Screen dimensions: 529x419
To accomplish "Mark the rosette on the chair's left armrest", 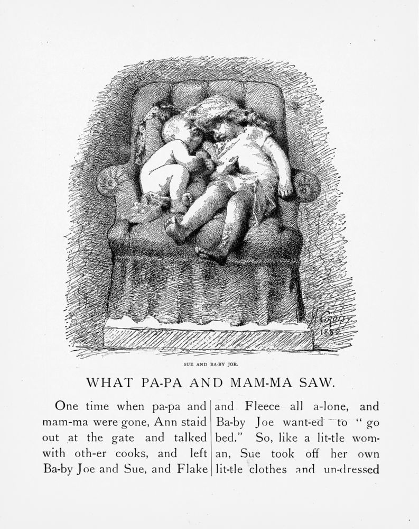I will [109, 182].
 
